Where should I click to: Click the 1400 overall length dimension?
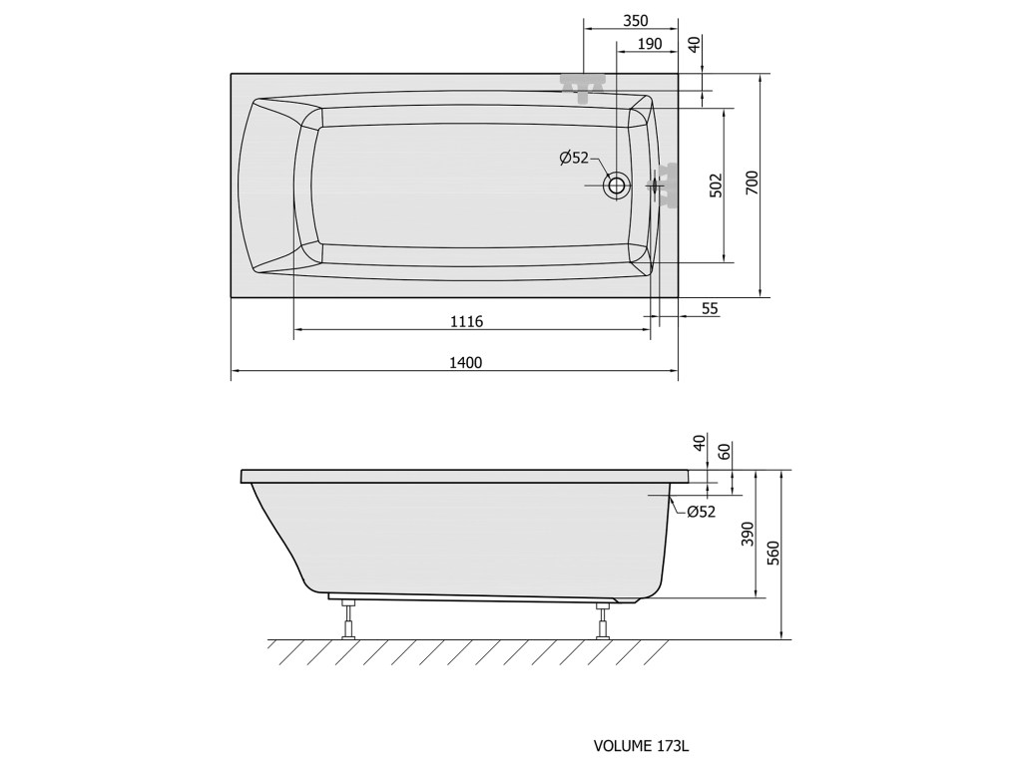pos(465,363)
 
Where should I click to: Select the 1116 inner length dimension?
pos(467,321)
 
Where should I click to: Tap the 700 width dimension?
pos(752,184)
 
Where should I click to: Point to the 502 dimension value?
pos(716,186)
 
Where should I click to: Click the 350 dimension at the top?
pos(636,21)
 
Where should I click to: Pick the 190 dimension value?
pos(649,44)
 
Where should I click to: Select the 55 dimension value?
pos(710,308)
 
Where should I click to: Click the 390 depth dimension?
pos(748,535)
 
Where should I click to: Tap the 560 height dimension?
pos(773,553)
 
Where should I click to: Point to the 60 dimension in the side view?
pos(725,451)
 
